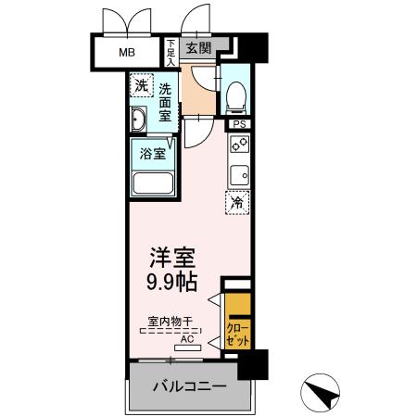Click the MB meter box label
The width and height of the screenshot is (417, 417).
tap(126, 52)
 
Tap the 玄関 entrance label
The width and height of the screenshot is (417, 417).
tap(197, 49)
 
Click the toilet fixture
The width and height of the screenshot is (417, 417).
tap(235, 95)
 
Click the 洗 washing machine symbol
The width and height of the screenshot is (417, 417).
tap(141, 85)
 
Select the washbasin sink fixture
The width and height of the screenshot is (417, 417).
tap(140, 120)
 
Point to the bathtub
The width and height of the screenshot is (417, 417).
tap(155, 180)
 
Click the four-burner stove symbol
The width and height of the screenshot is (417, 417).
tap(239, 144)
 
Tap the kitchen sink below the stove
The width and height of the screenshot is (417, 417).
tap(239, 173)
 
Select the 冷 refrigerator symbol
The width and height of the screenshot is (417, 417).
tap(237, 201)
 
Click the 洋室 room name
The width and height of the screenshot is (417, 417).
tap(174, 255)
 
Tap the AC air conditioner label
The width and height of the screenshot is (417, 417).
tap(187, 338)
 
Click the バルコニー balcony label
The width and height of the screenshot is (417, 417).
tap(189, 386)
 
